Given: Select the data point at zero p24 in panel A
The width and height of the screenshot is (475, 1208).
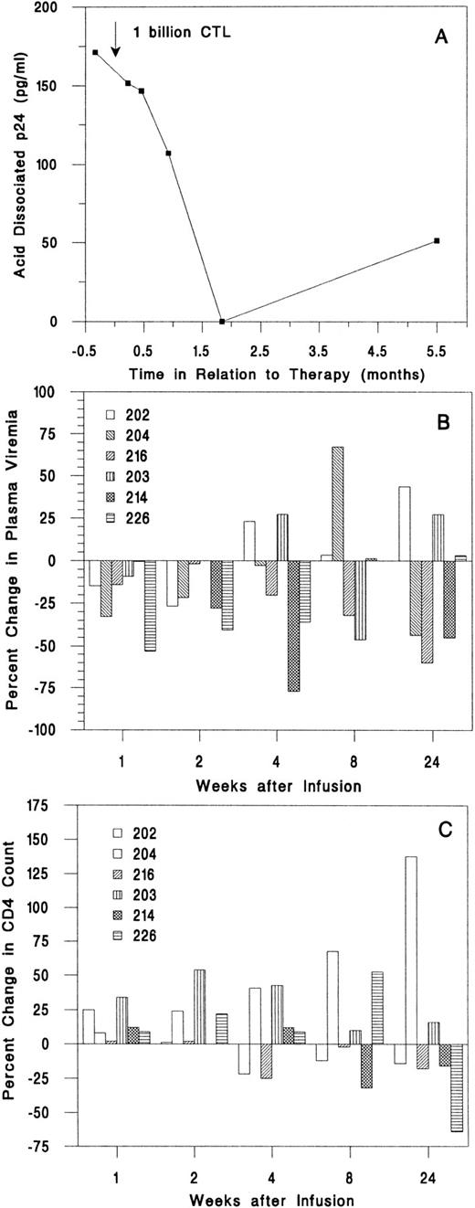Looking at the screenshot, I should pyautogui.click(x=222, y=322).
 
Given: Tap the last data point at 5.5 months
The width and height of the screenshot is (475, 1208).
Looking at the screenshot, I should pyautogui.click(x=438, y=240).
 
